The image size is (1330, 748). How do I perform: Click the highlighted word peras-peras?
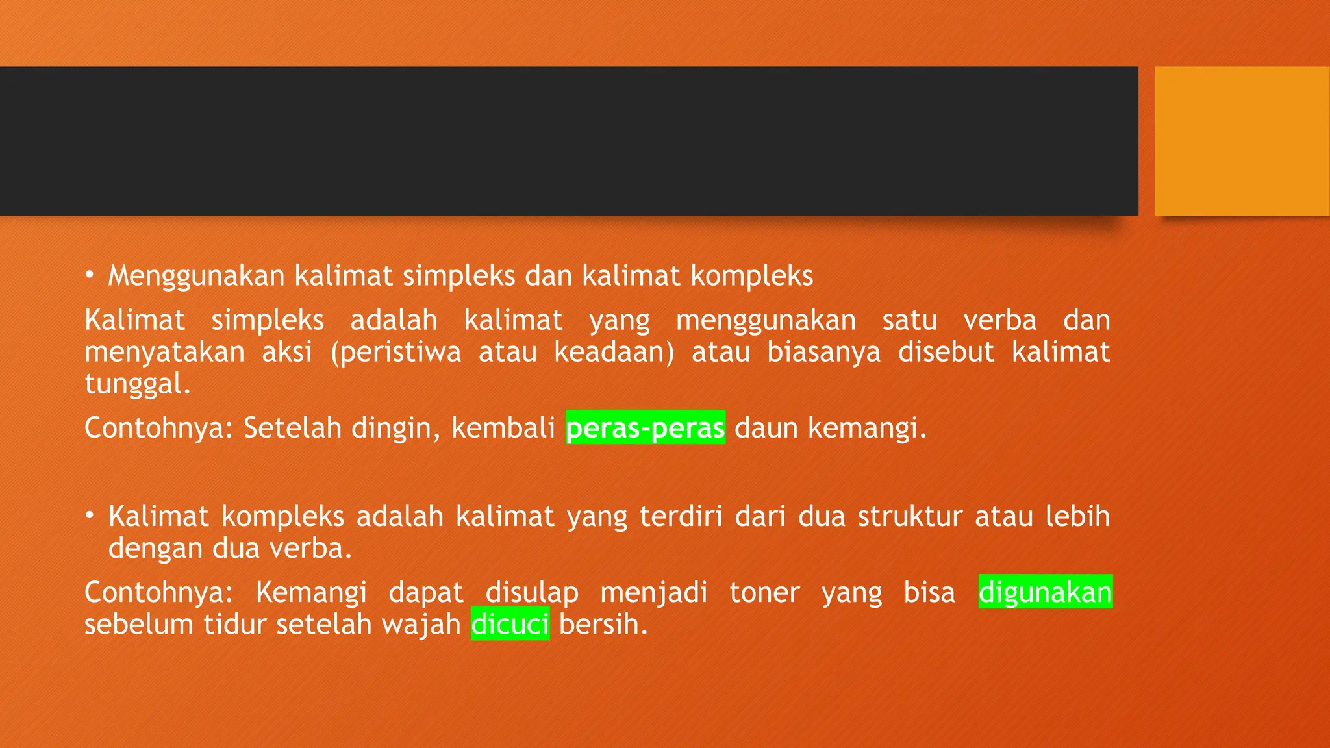pyautogui.click(x=645, y=428)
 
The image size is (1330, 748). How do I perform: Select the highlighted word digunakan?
pyautogui.click(x=1046, y=592)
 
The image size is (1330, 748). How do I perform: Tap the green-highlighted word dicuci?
pyautogui.click(x=510, y=624)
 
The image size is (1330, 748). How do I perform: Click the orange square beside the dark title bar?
pyautogui.click(x=1242, y=141)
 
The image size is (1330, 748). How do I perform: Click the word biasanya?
pyautogui.click(x=823, y=352)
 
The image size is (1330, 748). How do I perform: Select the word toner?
pyautogui.click(x=764, y=592)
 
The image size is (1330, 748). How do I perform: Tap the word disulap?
pyautogui.click(x=532, y=592)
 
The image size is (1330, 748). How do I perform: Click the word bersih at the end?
pyautogui.click(x=603, y=624)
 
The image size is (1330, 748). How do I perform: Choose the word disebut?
pyautogui.click(x=946, y=352)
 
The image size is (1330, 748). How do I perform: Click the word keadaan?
pyautogui.click(x=613, y=352)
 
